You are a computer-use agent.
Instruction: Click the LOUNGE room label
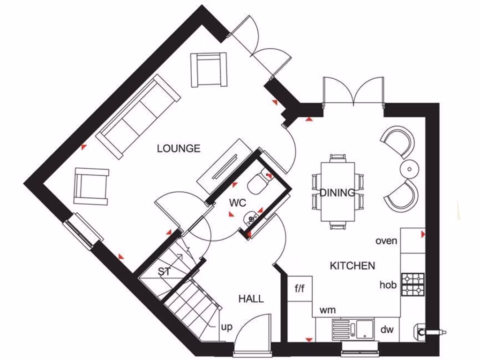[x=179, y=149]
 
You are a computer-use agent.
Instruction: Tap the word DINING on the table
[x=337, y=192]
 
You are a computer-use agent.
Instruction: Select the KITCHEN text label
[x=352, y=266]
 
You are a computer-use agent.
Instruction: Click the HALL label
[x=251, y=299]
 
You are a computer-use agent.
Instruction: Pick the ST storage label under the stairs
[x=164, y=271]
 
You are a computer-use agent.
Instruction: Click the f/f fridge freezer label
[x=300, y=289]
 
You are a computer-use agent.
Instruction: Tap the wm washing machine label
[x=328, y=310]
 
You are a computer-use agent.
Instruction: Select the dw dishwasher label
[x=387, y=330]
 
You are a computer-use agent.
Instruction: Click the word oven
[x=386, y=241]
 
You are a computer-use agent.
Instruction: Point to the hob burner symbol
[x=413, y=285]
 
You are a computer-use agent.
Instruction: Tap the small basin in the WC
[x=252, y=218]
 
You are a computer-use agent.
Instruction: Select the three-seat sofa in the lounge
[x=138, y=115]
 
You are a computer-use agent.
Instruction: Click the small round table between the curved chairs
[x=409, y=169]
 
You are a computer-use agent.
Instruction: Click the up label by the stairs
[x=227, y=327]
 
